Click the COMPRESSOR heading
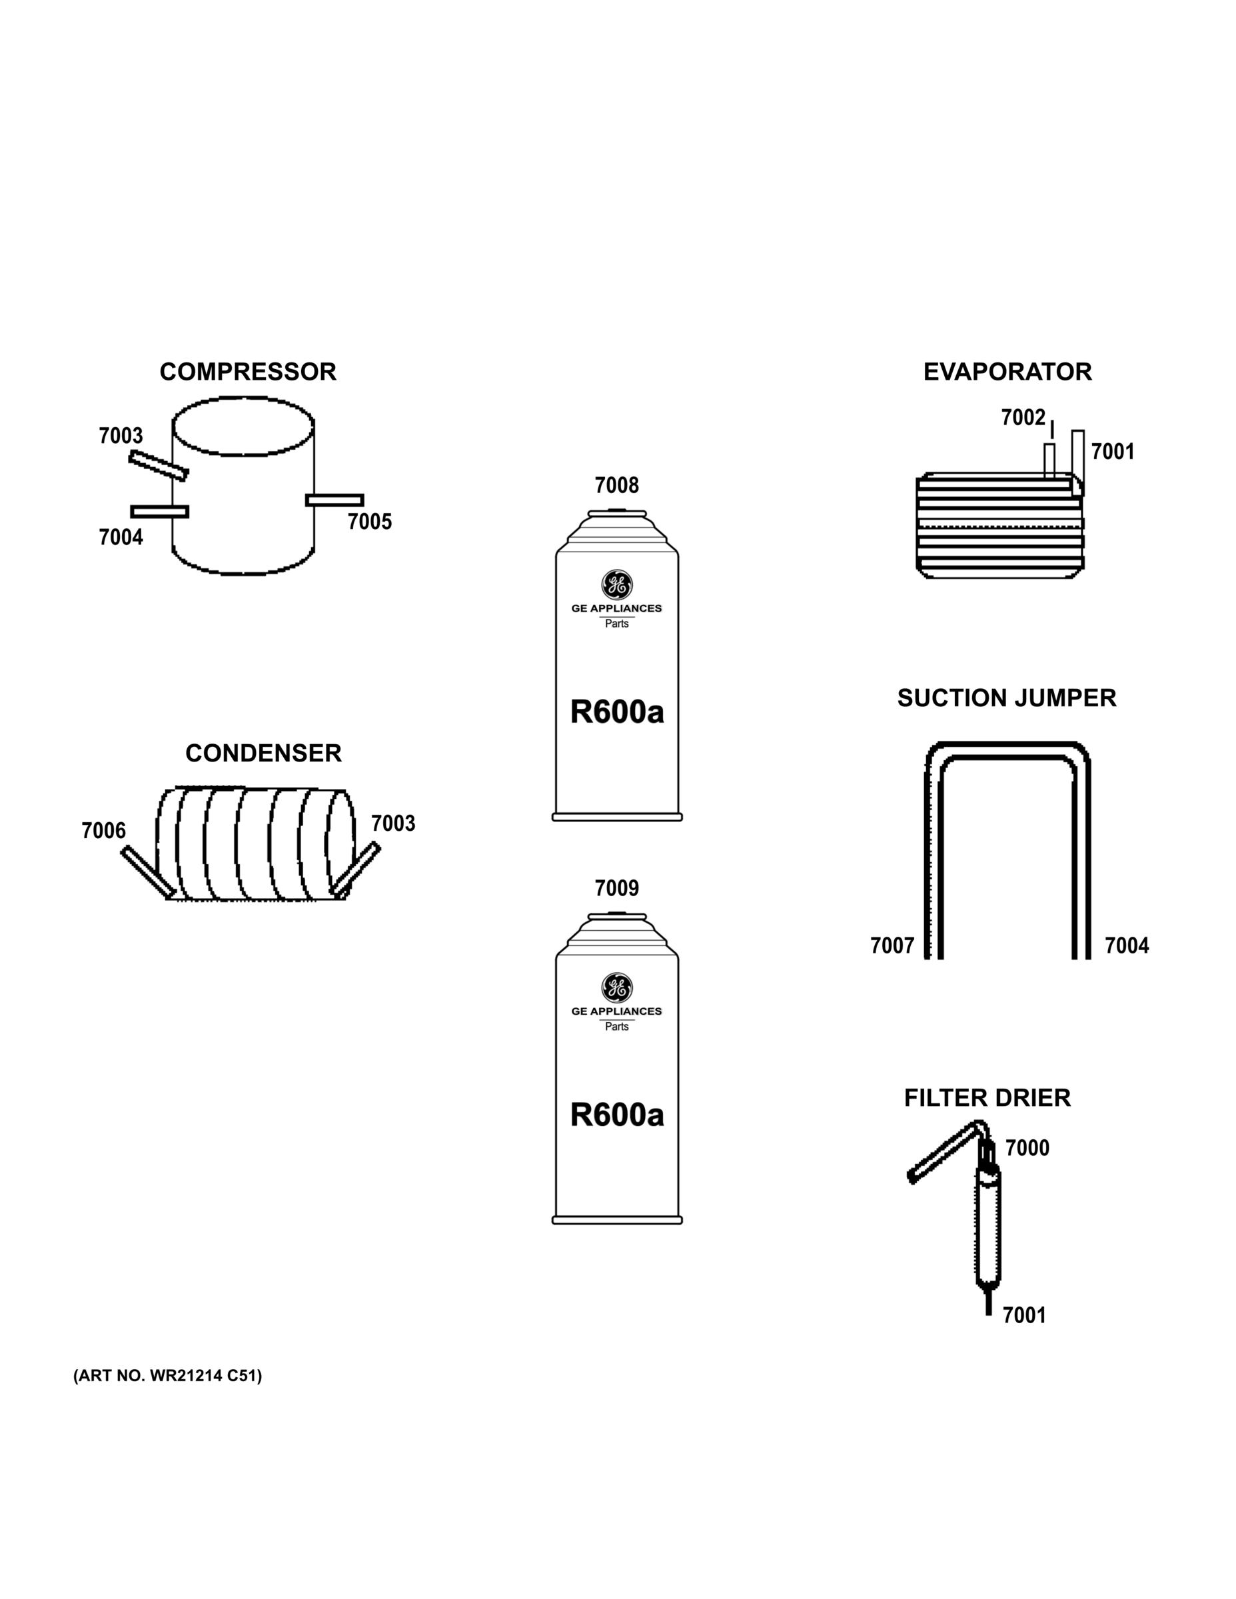(247, 372)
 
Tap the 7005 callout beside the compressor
(369, 522)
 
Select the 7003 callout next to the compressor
(121, 436)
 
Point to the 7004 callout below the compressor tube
(121, 538)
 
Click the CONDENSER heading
(263, 754)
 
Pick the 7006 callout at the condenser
(103, 831)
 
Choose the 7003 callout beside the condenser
(392, 823)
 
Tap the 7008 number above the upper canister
(616, 486)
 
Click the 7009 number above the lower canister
(616, 888)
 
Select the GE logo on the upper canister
(616, 584)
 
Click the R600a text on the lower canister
(616, 1115)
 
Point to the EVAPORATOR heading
(1007, 372)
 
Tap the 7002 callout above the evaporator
(1023, 418)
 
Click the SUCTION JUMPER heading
(1006, 698)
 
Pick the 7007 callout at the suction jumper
(892, 946)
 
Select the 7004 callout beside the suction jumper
(1126, 946)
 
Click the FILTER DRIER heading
(987, 1098)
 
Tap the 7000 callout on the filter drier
(1027, 1148)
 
